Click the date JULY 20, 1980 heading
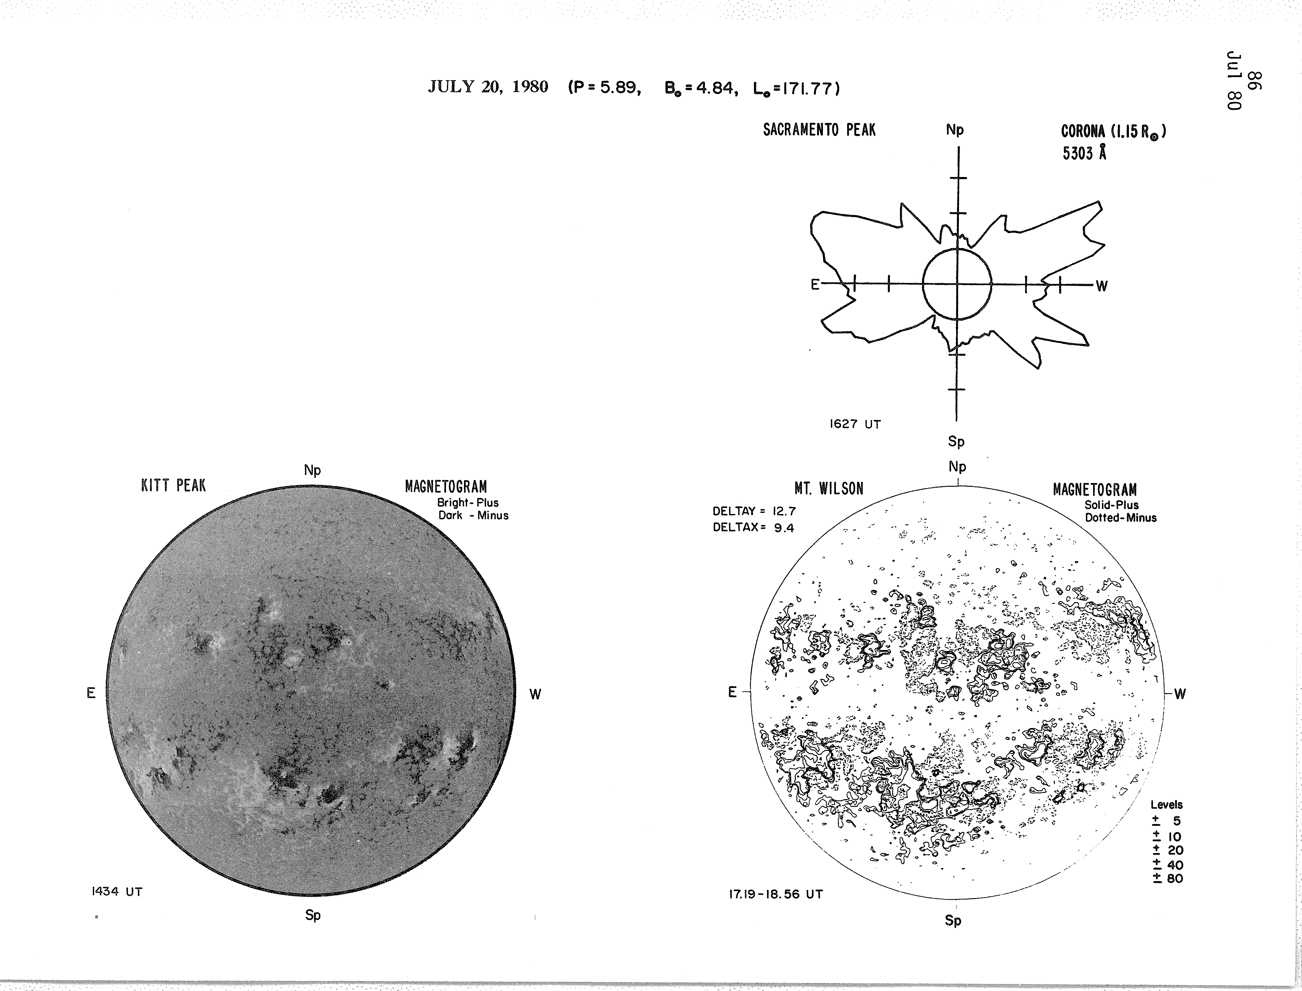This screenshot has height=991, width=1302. [x=488, y=87]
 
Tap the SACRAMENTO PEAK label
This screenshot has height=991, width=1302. [x=820, y=130]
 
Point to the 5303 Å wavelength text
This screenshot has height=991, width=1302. [x=1084, y=153]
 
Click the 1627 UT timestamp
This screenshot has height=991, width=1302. [x=855, y=424]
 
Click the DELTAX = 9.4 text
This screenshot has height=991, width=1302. [x=753, y=527]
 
